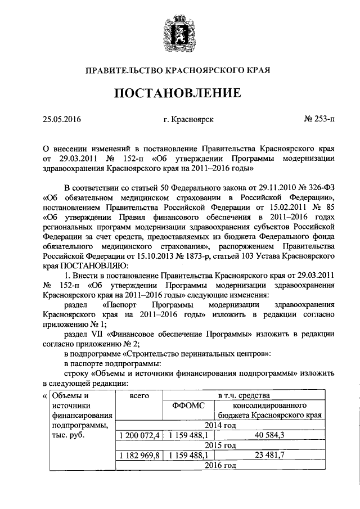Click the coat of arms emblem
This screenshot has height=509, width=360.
(181, 31)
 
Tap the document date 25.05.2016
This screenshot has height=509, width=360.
(62, 119)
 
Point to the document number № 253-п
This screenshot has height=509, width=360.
(318, 119)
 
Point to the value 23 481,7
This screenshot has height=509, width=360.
(269, 456)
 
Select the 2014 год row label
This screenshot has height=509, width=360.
(220, 425)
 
